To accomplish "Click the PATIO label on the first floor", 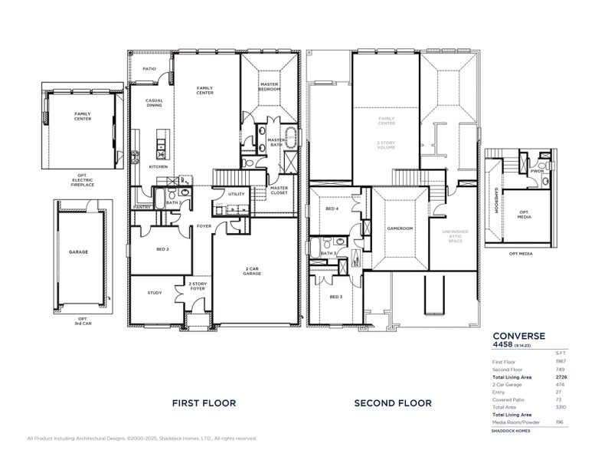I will click(149, 68).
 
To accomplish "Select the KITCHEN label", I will click(158, 166).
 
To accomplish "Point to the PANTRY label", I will click(141, 206).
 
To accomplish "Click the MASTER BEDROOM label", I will click(268, 87).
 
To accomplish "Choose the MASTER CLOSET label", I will click(279, 190).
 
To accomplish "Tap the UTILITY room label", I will click(237, 194).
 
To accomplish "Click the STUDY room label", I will click(155, 292).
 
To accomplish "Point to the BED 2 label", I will click(162, 249).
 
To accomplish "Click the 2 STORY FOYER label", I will click(198, 286).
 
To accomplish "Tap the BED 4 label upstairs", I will click(332, 209).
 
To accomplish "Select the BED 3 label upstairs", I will click(335, 296).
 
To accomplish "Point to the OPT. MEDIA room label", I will click(525, 214).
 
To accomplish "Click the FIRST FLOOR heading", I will click(204, 402).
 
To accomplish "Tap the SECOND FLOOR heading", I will click(393, 402).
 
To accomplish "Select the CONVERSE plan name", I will click(518, 335).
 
